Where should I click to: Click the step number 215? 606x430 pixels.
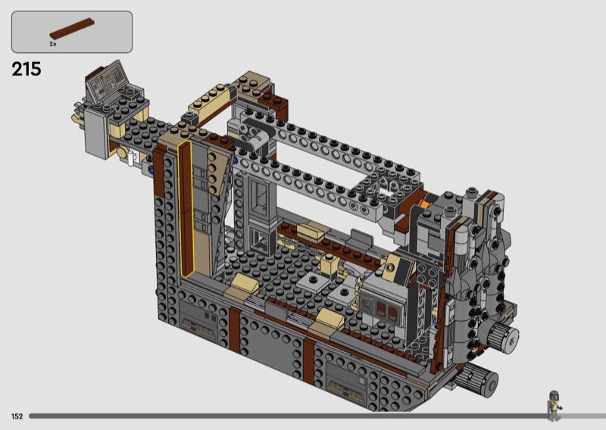[27, 69]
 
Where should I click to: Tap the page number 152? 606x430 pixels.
[17, 416]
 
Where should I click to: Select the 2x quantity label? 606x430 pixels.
[53, 44]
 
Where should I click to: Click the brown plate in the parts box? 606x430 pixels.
[72, 29]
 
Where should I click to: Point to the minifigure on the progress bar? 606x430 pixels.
[554, 406]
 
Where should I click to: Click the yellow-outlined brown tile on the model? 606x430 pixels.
[186, 210]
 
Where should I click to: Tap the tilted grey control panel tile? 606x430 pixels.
[107, 82]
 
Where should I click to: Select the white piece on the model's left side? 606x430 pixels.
[132, 158]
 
